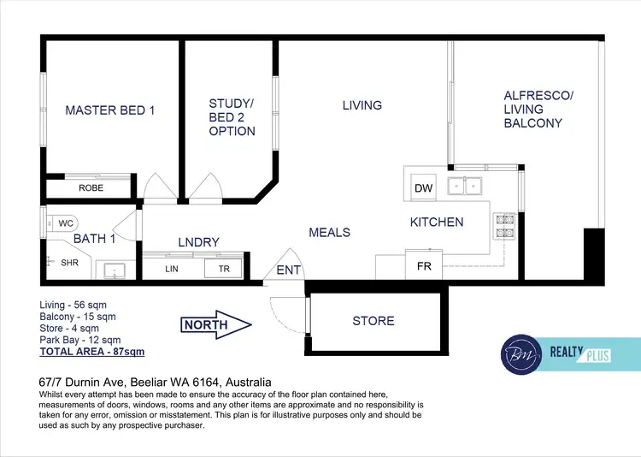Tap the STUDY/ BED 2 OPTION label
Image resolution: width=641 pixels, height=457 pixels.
[x=232, y=118]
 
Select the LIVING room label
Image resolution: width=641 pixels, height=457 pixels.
[x=362, y=105]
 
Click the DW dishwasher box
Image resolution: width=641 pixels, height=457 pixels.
[x=423, y=188]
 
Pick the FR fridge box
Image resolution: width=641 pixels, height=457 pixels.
[x=424, y=266]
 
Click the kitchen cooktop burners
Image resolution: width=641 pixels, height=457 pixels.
[x=504, y=224]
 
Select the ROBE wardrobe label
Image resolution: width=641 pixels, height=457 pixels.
[x=91, y=187]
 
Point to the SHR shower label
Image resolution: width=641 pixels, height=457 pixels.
[x=70, y=264]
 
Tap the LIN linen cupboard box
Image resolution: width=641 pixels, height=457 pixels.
[x=172, y=269]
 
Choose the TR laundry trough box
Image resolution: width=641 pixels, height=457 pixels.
[x=223, y=269]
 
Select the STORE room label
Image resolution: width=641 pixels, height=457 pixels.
[x=373, y=321]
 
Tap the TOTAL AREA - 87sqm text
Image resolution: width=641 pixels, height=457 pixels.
[x=92, y=352]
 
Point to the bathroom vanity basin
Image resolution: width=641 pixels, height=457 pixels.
[x=113, y=271]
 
